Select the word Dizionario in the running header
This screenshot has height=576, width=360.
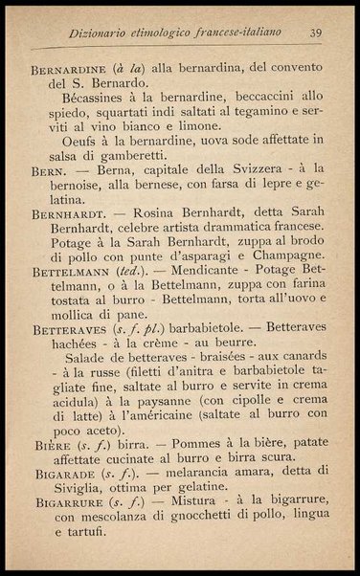tap(104, 34)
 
